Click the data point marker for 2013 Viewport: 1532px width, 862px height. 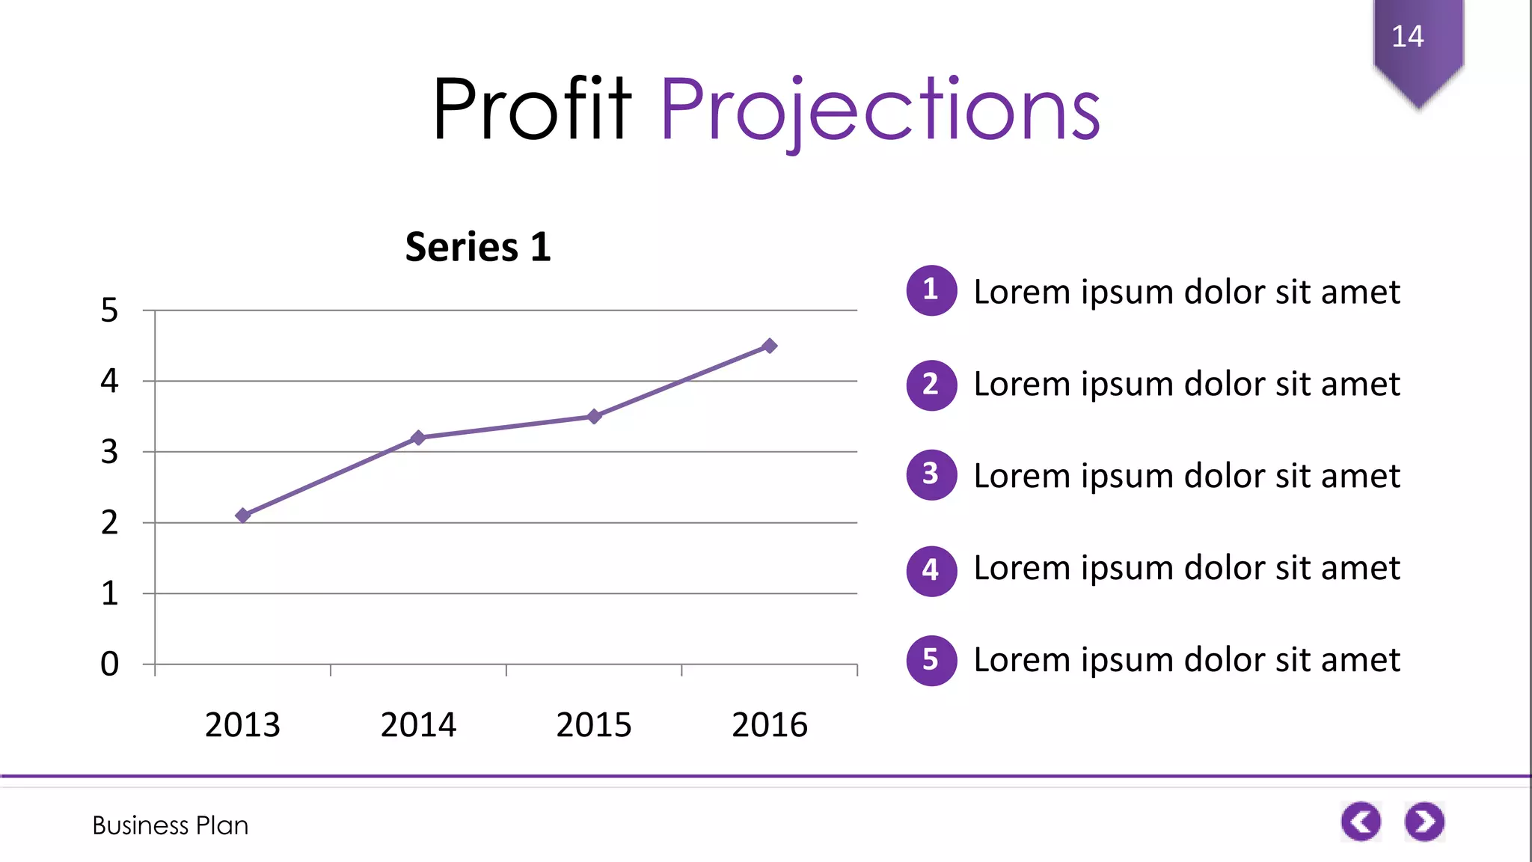pos(242,515)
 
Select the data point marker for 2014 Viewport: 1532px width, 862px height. pos(418,437)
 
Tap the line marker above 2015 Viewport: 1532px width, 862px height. pos(594,416)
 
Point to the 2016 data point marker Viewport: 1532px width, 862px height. pos(770,346)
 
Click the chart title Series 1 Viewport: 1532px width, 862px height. pos(478,247)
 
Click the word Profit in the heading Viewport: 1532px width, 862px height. pos(532,109)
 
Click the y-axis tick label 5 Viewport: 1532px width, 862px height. pos(109,310)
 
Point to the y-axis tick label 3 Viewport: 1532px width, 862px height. pos(109,452)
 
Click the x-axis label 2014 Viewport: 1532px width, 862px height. pos(418,724)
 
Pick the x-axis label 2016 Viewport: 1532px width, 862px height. pos(770,724)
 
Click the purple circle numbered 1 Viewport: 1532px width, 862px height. pos(931,290)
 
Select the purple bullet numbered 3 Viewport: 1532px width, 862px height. pos(931,474)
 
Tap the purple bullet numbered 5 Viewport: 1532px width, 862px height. pos(931,660)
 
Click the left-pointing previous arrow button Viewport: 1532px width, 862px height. pos(1361,822)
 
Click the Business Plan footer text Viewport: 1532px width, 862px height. pos(171,825)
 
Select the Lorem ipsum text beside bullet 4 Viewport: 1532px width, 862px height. pos(1186,568)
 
